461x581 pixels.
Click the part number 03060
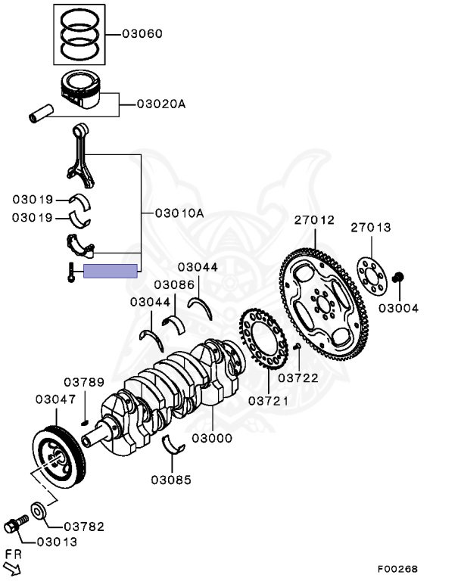(x=145, y=35)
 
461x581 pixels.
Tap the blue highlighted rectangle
(x=111, y=271)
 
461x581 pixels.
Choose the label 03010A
(x=179, y=213)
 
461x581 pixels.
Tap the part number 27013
(x=370, y=227)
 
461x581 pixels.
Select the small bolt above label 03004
(x=399, y=281)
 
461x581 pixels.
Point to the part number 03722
(x=297, y=377)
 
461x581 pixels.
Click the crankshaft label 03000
(x=212, y=438)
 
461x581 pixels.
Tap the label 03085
(x=170, y=479)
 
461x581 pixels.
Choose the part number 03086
(x=174, y=284)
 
